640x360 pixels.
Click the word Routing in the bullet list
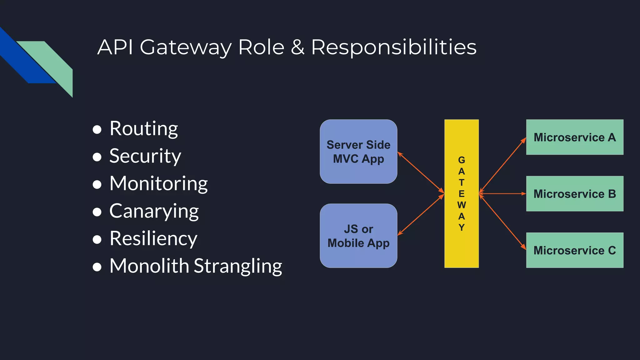point(144,129)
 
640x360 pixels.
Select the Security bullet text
point(145,156)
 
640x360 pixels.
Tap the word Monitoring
point(159,184)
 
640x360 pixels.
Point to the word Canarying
point(154,211)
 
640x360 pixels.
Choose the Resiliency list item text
point(153,239)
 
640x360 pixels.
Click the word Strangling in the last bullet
point(238,267)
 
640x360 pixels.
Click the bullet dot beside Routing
point(97,130)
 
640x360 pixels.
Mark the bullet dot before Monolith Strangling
point(97,267)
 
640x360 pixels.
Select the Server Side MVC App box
point(358,152)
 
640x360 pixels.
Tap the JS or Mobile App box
point(358,236)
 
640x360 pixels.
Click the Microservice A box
point(575,137)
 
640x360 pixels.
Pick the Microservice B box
point(575,194)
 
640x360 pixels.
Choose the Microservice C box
point(575,250)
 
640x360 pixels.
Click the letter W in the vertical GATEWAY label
point(462,205)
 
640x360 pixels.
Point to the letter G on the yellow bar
point(462,160)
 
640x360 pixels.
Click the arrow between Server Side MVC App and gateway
point(421,172)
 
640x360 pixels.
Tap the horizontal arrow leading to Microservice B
point(502,194)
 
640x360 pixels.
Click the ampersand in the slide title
point(297,47)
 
